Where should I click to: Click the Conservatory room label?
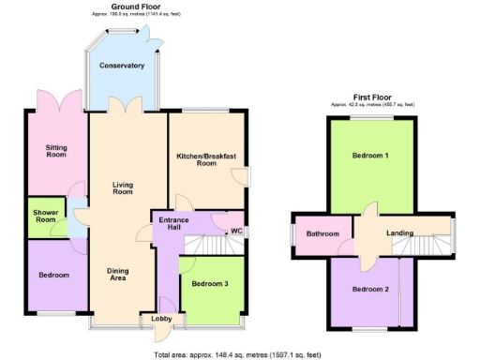122,66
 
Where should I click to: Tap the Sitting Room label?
52,152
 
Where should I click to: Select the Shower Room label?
44,216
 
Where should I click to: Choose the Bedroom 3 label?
212,282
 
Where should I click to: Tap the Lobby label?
160,319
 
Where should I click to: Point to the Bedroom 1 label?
369,156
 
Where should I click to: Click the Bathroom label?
322,233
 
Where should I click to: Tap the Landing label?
400,233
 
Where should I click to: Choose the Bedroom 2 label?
369,289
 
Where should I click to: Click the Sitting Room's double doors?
52,98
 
